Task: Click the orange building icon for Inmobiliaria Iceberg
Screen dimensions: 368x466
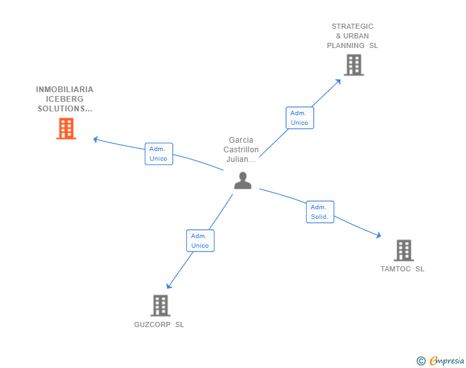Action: (x=66, y=129)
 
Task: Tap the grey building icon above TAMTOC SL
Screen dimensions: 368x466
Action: (x=403, y=250)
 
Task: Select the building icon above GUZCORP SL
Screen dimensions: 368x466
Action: (x=160, y=305)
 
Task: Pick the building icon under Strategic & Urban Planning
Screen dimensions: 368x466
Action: (x=353, y=65)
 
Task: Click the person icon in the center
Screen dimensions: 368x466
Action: (x=243, y=181)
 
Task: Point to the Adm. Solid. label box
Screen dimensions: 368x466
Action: (x=319, y=212)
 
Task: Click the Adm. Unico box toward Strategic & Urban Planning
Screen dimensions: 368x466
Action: (x=299, y=118)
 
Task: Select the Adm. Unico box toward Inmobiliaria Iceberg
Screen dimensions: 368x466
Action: (x=158, y=154)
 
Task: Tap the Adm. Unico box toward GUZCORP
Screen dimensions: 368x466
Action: (x=200, y=241)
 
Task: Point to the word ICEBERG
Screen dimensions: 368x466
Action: (x=65, y=99)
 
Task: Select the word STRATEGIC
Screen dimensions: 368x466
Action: (x=352, y=26)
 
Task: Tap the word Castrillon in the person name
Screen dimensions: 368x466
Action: (x=241, y=150)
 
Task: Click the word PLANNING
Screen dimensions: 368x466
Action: (x=346, y=45)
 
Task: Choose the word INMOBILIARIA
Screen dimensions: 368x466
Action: (x=65, y=90)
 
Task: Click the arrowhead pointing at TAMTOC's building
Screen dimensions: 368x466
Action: (x=378, y=236)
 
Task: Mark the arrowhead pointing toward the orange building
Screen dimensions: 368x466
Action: (x=96, y=139)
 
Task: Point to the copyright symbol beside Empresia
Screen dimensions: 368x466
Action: (x=421, y=361)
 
